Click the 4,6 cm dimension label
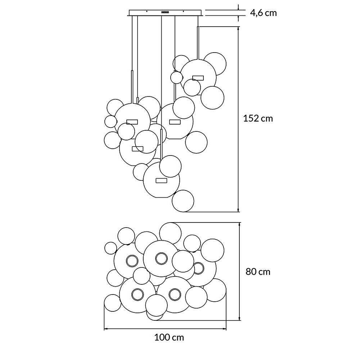(x=264, y=13)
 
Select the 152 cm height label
(x=258, y=118)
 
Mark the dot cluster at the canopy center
(x=166, y=12)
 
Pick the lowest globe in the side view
(x=183, y=201)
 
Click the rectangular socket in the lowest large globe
(x=161, y=180)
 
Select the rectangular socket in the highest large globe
(x=198, y=77)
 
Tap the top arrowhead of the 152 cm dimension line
(x=238, y=27)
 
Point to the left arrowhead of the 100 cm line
(x=105, y=328)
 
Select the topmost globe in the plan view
(x=170, y=233)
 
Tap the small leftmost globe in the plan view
(x=111, y=248)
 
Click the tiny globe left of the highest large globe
(x=176, y=77)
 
